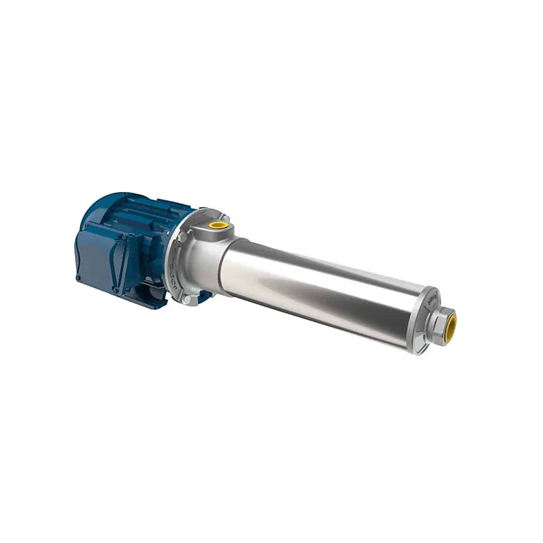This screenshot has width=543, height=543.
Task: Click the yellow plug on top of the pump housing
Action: [x=218, y=225]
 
